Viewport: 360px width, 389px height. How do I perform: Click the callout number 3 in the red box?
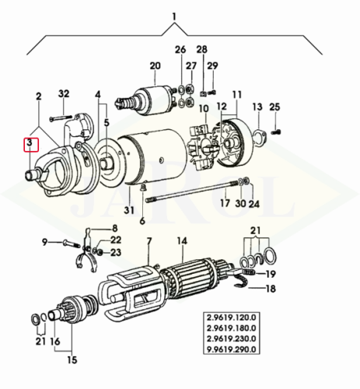[29, 144]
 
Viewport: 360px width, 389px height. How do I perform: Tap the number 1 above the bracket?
[174, 16]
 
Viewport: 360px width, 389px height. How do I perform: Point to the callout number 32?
[65, 94]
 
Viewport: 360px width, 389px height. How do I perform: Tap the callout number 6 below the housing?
[143, 221]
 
